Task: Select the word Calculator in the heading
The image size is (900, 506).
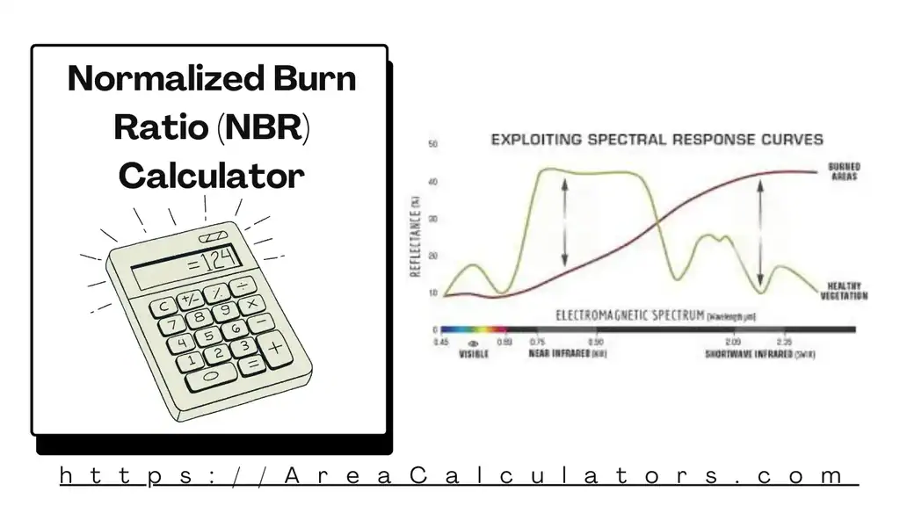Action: point(211,176)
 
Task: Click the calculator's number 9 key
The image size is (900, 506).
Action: point(226,310)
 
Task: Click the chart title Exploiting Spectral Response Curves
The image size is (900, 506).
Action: point(657,139)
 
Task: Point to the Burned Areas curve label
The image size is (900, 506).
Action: point(844,171)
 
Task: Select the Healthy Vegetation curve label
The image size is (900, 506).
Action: point(846,291)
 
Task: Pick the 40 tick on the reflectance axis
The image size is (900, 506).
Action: point(433,182)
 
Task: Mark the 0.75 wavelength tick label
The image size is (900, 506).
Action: point(538,342)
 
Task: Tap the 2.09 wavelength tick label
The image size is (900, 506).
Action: point(732,342)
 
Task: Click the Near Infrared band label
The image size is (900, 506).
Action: point(567,354)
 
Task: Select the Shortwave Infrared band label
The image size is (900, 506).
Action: point(761,354)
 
